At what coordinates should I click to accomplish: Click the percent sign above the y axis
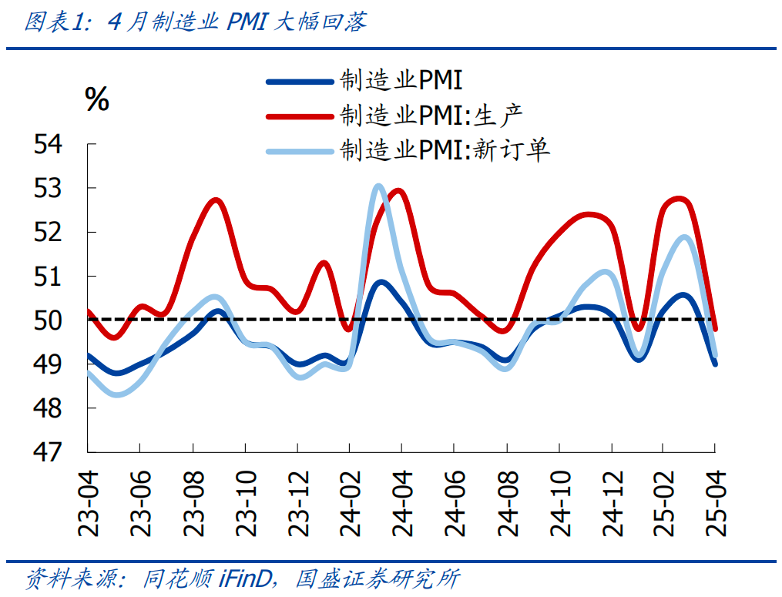(97, 99)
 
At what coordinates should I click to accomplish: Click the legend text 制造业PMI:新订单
(445, 150)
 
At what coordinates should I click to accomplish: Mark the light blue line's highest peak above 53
(378, 186)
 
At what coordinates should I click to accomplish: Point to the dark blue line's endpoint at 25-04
(715, 364)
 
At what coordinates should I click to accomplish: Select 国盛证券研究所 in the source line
(377, 578)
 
